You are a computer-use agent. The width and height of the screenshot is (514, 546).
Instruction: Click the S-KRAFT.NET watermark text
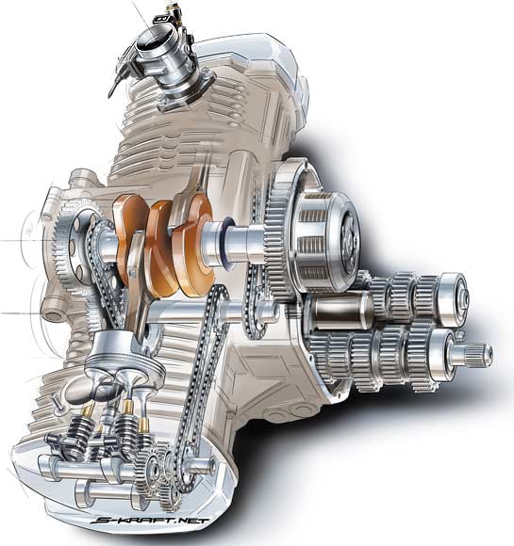(150, 521)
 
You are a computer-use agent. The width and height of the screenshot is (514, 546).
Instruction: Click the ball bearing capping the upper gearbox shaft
(453, 298)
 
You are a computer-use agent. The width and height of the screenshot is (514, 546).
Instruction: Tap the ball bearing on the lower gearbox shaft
(442, 354)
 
